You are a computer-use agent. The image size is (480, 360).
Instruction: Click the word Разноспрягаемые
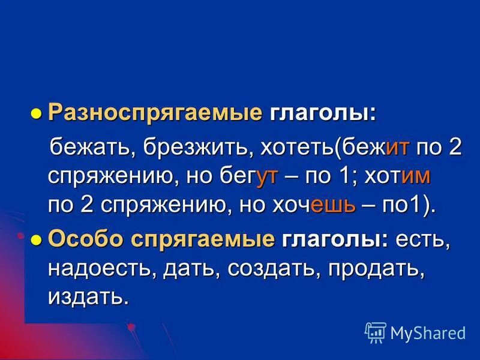tap(155, 113)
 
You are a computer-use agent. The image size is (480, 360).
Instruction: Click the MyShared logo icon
tap(376, 332)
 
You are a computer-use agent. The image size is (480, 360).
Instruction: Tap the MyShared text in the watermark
tap(428, 332)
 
